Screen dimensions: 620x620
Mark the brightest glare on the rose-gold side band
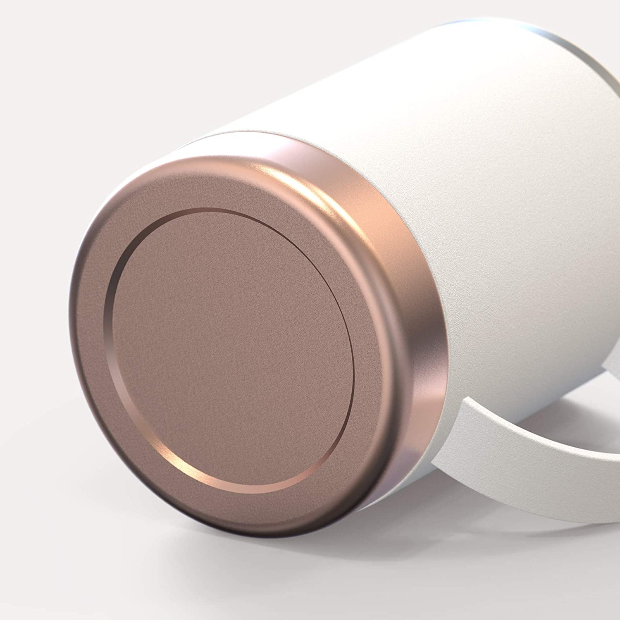pyautogui.click(x=355, y=194)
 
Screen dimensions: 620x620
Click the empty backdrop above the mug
pyautogui.click(x=207, y=62)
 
